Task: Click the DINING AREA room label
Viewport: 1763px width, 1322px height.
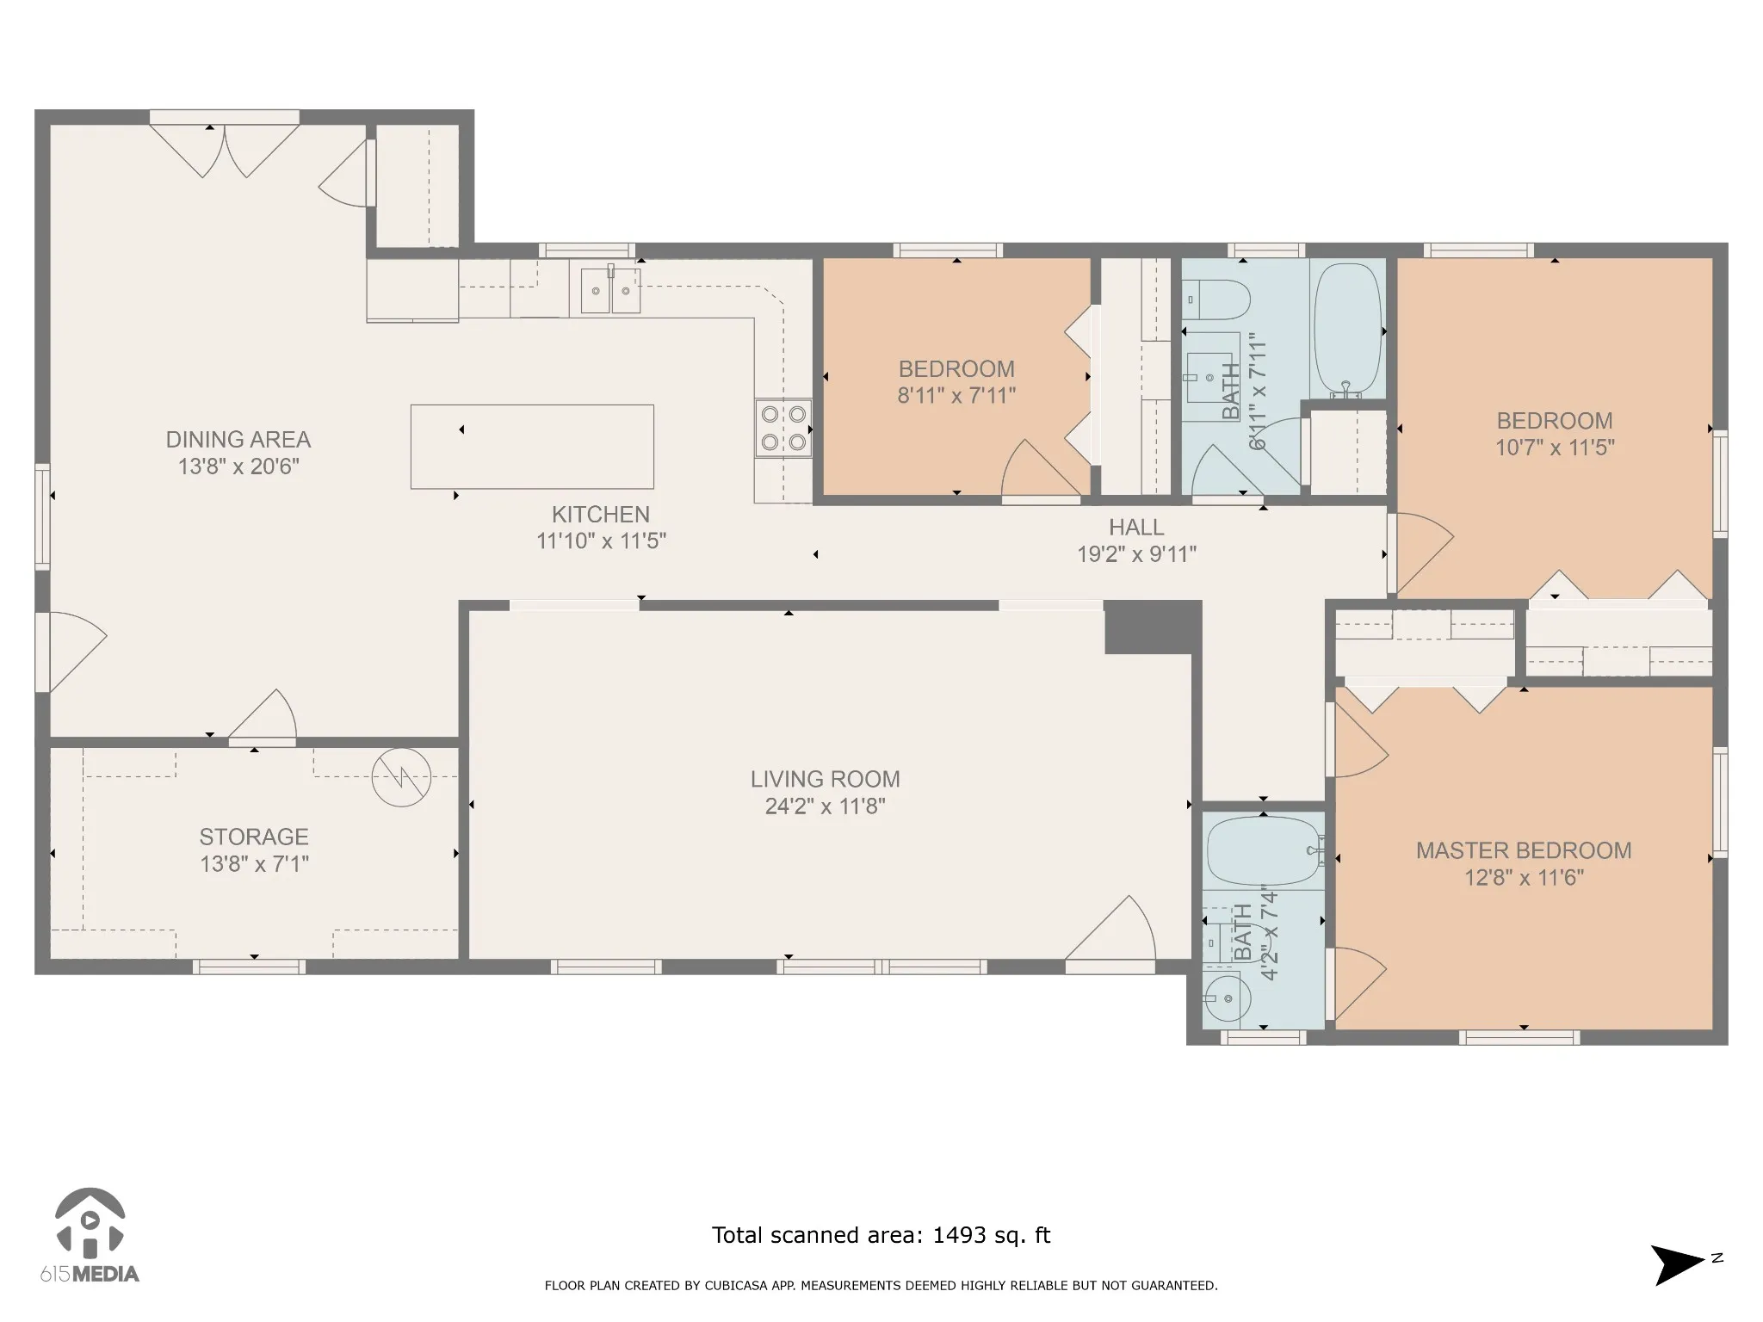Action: click(238, 440)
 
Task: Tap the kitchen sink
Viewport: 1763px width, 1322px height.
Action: click(611, 290)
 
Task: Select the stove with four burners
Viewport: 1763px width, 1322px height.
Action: click(783, 428)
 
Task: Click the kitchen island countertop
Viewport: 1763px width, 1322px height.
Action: click(532, 447)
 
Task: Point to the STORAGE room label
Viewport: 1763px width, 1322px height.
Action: click(254, 837)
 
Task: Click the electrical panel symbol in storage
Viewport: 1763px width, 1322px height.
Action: click(401, 778)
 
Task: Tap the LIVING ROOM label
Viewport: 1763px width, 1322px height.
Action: click(826, 780)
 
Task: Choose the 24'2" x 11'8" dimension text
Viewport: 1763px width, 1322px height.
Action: click(826, 806)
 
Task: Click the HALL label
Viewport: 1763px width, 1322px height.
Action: click(1136, 527)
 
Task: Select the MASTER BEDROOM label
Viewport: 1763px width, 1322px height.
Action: click(1524, 851)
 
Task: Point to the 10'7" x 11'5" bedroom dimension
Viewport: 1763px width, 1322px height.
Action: click(1555, 448)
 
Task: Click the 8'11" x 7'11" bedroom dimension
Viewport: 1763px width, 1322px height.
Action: click(956, 396)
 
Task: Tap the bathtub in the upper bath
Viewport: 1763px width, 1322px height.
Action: click(1348, 330)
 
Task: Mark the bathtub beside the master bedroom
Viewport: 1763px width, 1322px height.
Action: click(1264, 850)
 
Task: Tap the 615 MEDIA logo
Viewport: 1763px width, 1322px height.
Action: click(90, 1236)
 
